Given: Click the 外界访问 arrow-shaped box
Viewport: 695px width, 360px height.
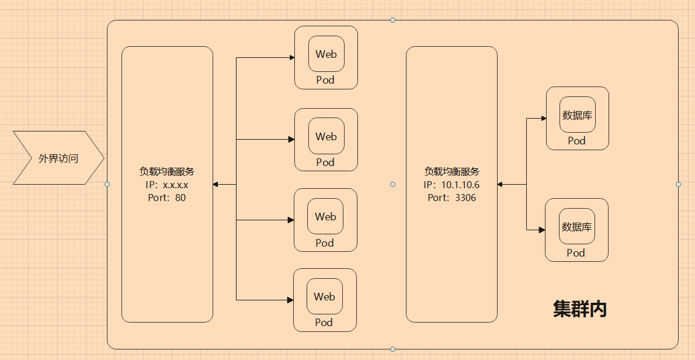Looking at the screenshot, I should (58, 158).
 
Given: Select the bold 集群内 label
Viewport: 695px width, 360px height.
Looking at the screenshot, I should (579, 309).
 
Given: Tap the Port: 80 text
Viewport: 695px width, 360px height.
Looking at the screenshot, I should (167, 198).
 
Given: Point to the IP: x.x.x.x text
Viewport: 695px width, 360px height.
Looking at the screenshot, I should (167, 185).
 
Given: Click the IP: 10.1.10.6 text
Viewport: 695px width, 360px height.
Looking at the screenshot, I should (451, 185).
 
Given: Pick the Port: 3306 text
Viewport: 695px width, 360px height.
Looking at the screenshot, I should (451, 198).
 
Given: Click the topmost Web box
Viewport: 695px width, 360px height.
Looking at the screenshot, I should (326, 54).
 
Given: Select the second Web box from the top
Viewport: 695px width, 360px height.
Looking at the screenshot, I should (326, 136).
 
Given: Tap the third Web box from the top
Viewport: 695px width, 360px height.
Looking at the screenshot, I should (325, 216).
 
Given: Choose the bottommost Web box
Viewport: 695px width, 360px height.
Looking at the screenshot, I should (324, 296).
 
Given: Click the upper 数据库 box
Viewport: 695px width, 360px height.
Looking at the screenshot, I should (577, 115).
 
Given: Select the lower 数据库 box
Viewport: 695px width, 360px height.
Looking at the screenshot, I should (576, 227).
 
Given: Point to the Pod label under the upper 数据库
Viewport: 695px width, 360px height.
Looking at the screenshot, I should (576, 141).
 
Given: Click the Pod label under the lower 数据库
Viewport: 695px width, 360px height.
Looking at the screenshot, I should (576, 253).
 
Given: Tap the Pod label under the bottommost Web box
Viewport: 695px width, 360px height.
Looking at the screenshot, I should (324, 323).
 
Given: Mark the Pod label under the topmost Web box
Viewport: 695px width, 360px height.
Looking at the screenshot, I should (325, 80).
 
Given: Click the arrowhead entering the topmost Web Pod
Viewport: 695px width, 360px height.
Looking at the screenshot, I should (291, 58).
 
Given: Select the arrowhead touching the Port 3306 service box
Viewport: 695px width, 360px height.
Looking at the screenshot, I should (501, 185).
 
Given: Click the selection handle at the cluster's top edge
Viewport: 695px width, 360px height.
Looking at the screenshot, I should (392, 20).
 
